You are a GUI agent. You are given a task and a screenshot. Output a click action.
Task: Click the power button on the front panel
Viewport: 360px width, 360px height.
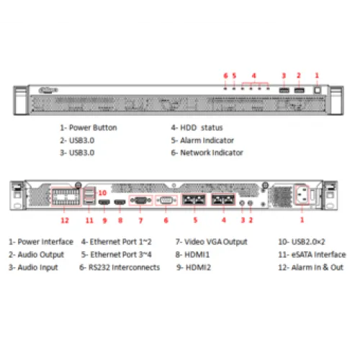pos(318,90)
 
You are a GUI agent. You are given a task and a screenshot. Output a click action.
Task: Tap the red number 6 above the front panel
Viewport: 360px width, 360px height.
pos(225,76)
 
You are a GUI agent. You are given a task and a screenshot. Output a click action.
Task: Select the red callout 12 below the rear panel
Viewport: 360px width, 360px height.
pos(65,220)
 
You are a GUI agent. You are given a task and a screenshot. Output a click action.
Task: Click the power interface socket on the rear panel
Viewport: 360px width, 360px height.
pos(302,194)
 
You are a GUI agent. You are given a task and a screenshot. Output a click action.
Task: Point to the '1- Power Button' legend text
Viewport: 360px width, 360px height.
pos(89,127)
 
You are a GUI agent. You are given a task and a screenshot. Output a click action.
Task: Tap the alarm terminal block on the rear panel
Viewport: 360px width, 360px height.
pos(66,197)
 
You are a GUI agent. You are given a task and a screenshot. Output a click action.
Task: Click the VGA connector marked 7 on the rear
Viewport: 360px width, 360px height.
pos(141,200)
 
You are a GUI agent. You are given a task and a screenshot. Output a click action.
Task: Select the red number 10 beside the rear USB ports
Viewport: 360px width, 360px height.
pos(102,193)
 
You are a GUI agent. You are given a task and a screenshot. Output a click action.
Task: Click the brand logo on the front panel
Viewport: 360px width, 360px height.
pos(48,90)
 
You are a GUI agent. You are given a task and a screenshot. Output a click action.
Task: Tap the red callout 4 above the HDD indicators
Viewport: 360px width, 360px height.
pos(254,76)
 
